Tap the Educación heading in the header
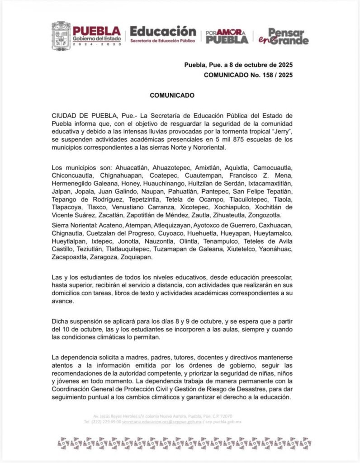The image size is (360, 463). pyautogui.click(x=163, y=31)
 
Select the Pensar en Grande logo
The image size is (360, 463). pyautogui.click(x=287, y=36)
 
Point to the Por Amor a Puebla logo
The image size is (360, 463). pyautogui.click(x=227, y=37)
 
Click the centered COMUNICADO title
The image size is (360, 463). pyautogui.click(x=172, y=95)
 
